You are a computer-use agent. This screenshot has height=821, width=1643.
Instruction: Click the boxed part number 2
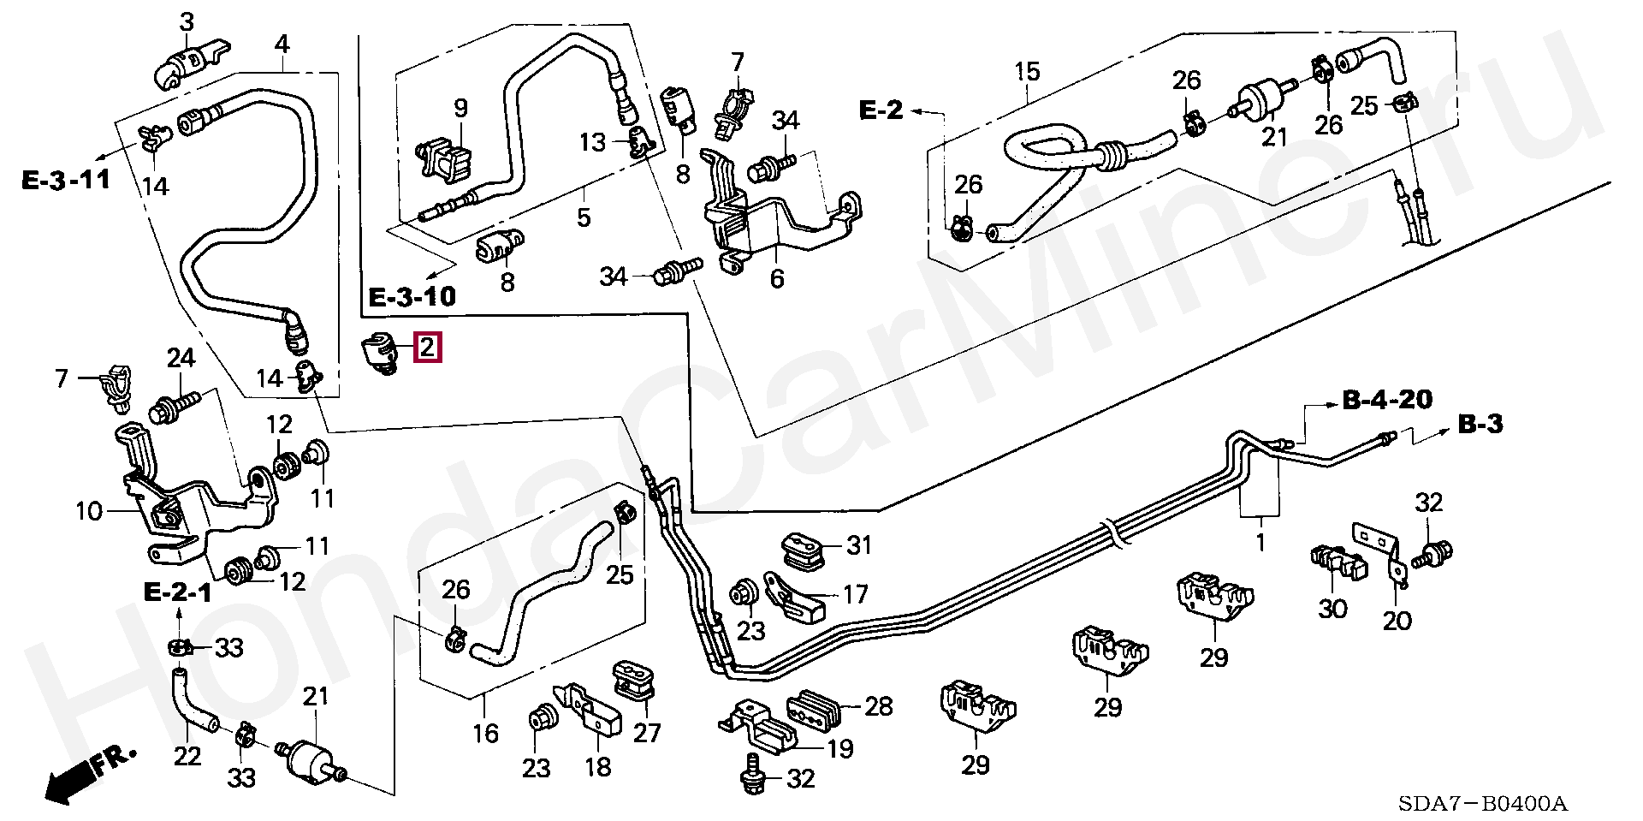(428, 348)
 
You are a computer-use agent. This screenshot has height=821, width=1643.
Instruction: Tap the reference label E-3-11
(66, 180)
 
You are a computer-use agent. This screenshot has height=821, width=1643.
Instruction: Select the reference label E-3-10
(412, 297)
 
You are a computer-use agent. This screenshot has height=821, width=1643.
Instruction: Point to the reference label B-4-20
(1387, 400)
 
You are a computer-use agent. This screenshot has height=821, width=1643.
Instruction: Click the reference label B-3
(1480, 424)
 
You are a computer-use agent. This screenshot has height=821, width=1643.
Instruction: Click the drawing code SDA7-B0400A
(1483, 804)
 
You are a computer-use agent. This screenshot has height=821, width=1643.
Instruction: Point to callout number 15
(1027, 71)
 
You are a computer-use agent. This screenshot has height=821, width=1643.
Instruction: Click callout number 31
(858, 544)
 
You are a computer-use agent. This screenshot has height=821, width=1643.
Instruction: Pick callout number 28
(878, 706)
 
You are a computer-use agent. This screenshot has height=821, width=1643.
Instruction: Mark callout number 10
(89, 511)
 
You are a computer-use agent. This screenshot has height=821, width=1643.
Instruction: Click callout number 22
(187, 756)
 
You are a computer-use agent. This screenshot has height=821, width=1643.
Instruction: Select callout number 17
(855, 593)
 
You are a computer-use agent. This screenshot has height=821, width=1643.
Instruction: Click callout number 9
(460, 109)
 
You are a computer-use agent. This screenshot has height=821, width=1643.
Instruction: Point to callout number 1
(1260, 542)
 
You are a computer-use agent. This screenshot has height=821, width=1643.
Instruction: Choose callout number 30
(1332, 609)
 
